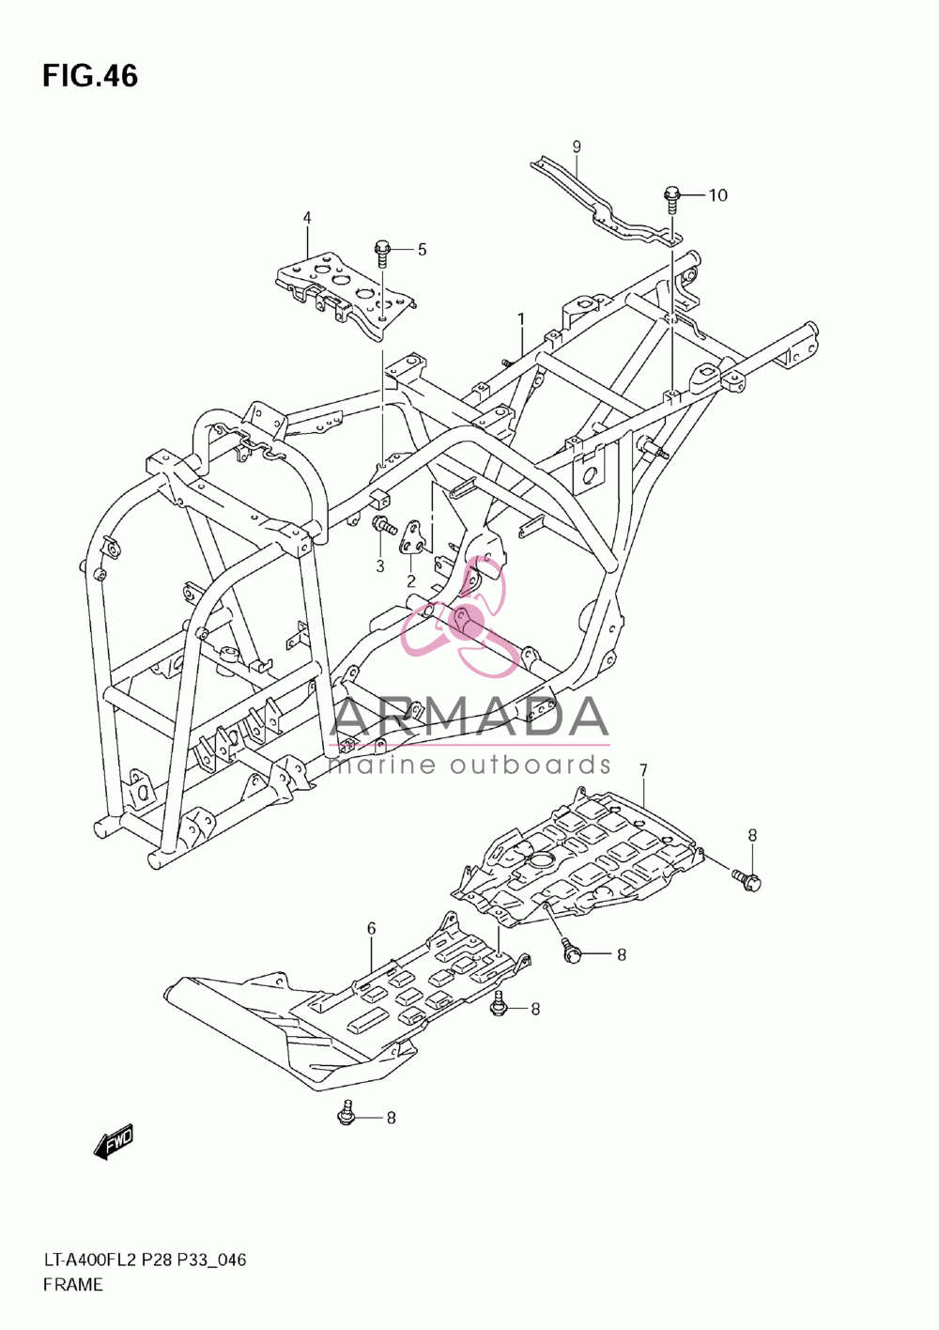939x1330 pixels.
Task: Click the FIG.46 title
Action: [90, 77]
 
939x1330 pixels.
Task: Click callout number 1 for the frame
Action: [521, 320]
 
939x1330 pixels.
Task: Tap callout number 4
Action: [307, 218]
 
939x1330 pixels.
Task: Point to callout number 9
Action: [577, 147]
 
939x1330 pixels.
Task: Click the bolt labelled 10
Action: [670, 200]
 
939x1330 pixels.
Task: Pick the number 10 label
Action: [717, 195]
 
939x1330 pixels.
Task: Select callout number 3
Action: [380, 566]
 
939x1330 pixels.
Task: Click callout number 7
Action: [643, 771]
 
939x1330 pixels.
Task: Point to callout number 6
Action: [372, 928]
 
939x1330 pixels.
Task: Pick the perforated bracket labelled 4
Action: [346, 295]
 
